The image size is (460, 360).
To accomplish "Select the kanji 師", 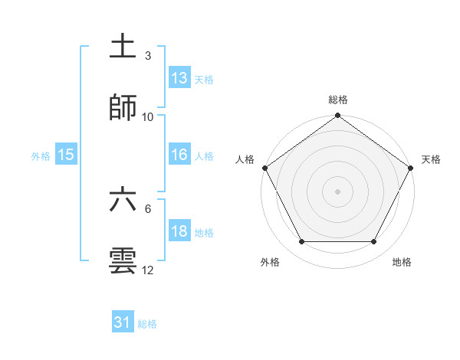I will click(x=123, y=108).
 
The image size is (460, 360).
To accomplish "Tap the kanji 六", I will click(x=123, y=200).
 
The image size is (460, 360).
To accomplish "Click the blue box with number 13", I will click(x=179, y=78).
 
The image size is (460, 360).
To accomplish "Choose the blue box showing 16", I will click(x=179, y=155).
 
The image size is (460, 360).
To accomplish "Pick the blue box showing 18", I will click(x=179, y=231).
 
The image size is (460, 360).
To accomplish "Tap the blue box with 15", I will click(x=66, y=155).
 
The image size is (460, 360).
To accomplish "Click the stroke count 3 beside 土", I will click(x=148, y=56).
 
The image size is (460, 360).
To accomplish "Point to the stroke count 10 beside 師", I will click(x=148, y=116).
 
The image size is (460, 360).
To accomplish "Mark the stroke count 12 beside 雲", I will click(x=148, y=270).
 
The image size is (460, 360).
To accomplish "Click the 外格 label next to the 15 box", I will click(x=41, y=155).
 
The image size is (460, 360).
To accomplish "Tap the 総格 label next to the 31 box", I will click(x=147, y=324).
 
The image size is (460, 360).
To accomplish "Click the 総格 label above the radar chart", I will click(x=338, y=100).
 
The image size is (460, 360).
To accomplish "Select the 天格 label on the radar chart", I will click(x=432, y=159).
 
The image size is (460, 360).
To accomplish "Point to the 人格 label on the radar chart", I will click(x=245, y=159).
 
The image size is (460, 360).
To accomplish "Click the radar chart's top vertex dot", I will click(x=338, y=116).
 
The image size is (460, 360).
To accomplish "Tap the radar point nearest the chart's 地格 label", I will click(x=374, y=242).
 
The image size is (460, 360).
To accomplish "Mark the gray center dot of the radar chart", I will click(x=338, y=191).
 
